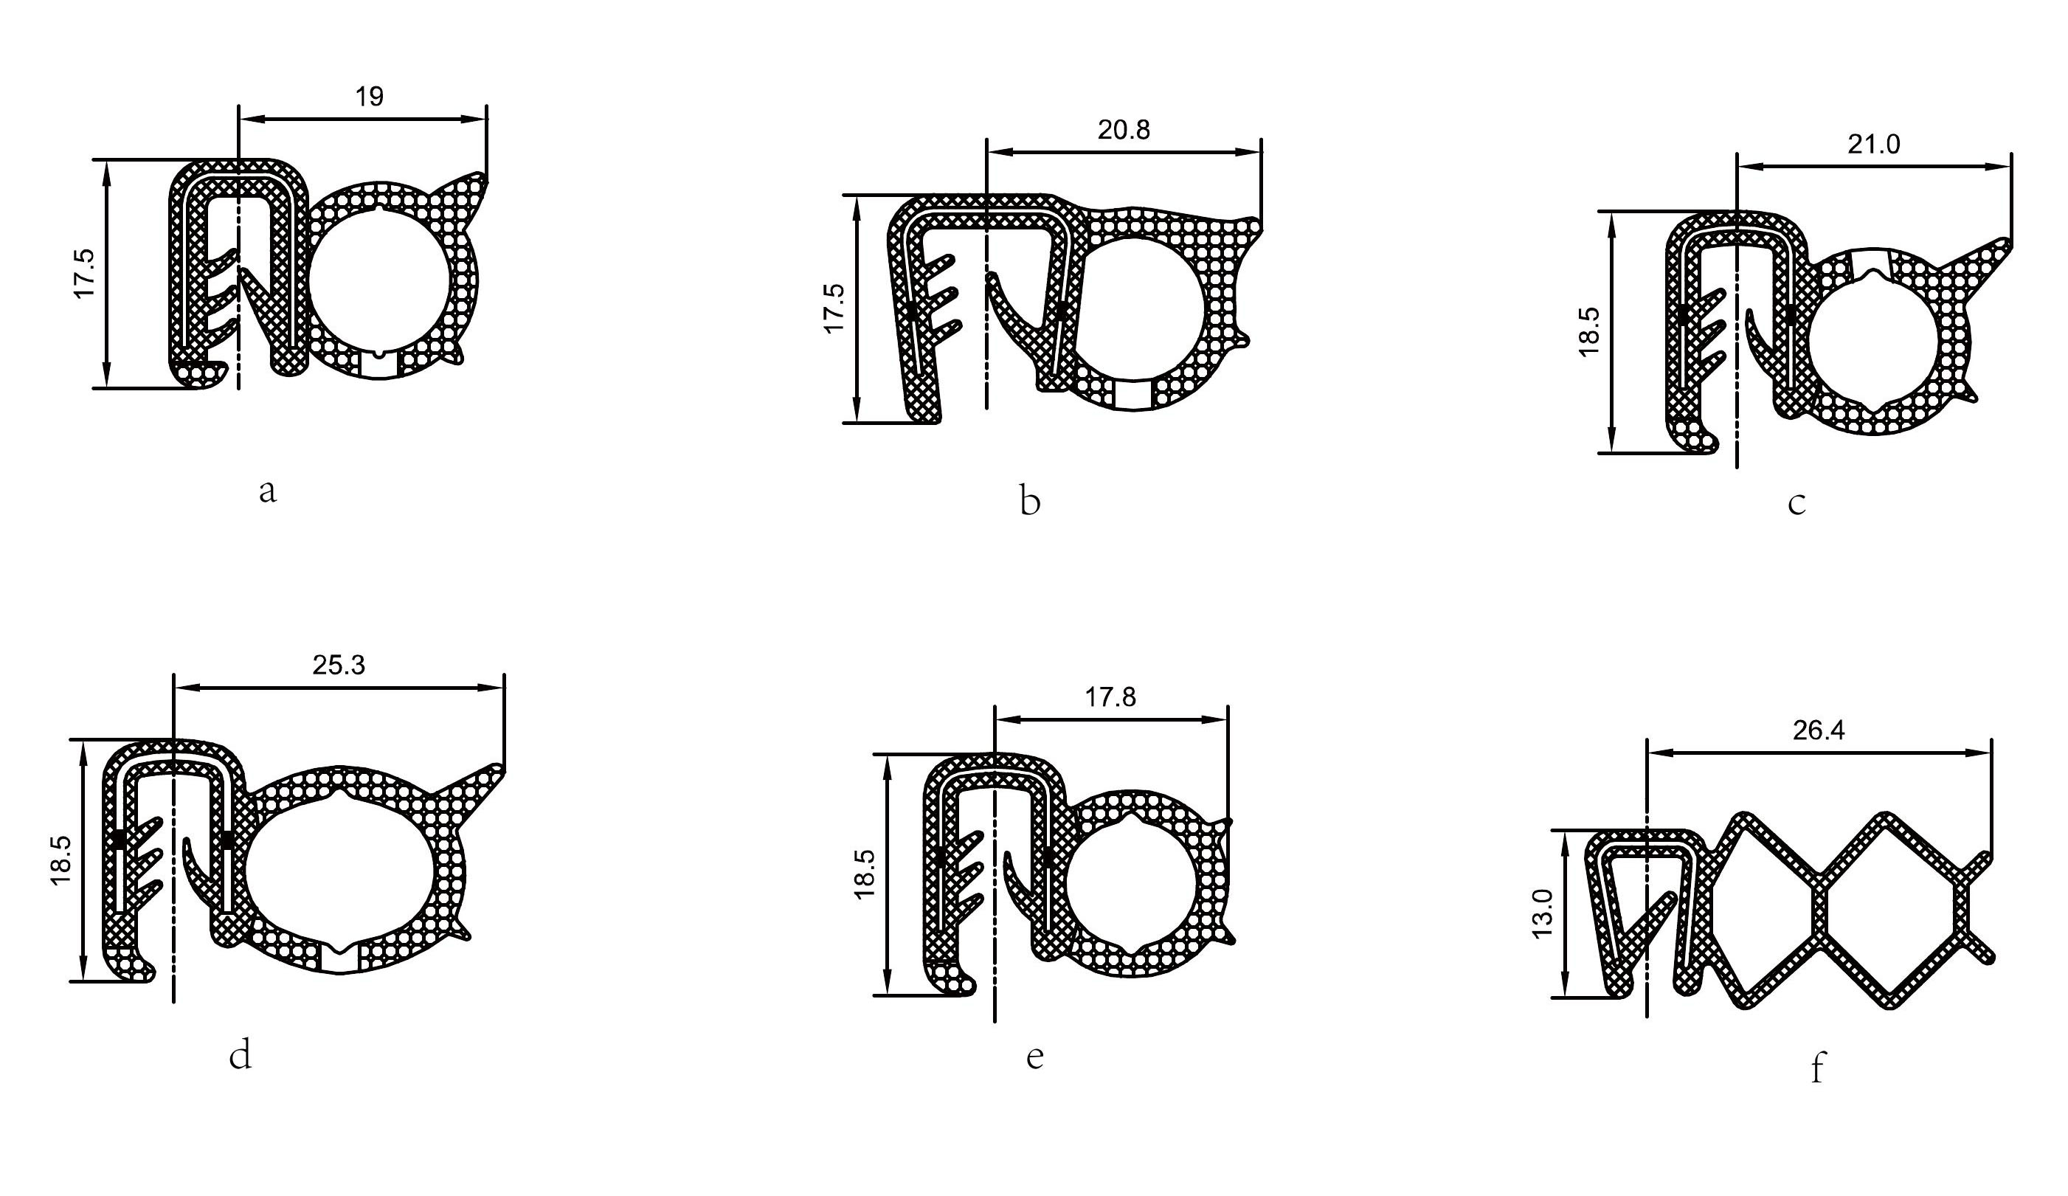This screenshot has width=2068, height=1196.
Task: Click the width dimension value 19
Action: [x=370, y=97]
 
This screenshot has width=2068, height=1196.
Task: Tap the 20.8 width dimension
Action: [x=1124, y=130]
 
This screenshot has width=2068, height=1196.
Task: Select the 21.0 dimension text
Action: [x=1873, y=145]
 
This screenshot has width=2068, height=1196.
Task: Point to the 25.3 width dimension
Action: [x=338, y=665]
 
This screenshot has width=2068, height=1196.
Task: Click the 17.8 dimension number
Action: [x=1110, y=698]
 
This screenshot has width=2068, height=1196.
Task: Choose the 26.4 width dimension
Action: [x=1819, y=730]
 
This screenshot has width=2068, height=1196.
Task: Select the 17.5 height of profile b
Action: [x=834, y=308]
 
